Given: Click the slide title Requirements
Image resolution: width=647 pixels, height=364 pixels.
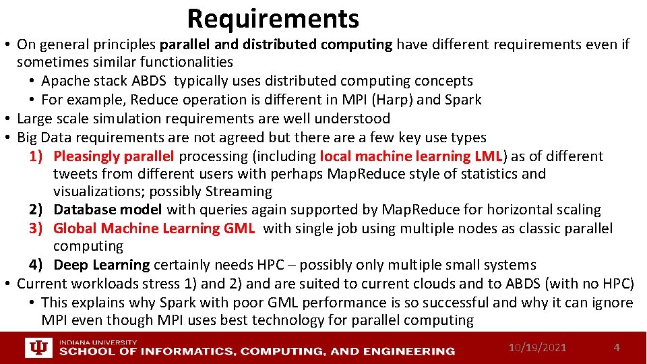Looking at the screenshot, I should (273, 19).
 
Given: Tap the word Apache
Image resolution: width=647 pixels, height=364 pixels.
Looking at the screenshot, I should (64, 81).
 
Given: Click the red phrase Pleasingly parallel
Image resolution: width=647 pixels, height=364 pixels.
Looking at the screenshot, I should (114, 156).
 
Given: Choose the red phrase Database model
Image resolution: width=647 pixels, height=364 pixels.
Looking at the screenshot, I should (108, 210).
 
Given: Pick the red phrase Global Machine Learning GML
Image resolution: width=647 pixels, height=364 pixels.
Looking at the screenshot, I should (154, 229).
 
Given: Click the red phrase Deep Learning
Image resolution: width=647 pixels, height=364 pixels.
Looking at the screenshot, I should (101, 265).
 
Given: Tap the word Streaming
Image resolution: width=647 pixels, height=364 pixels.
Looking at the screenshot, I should (240, 191).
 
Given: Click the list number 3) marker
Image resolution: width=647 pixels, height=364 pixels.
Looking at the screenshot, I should (36, 229).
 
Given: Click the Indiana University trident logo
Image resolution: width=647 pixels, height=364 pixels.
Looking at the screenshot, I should (38, 348).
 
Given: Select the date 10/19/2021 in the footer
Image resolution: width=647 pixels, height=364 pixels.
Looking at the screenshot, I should (537, 348).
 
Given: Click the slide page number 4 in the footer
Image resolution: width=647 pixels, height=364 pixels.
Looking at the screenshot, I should (616, 348).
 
